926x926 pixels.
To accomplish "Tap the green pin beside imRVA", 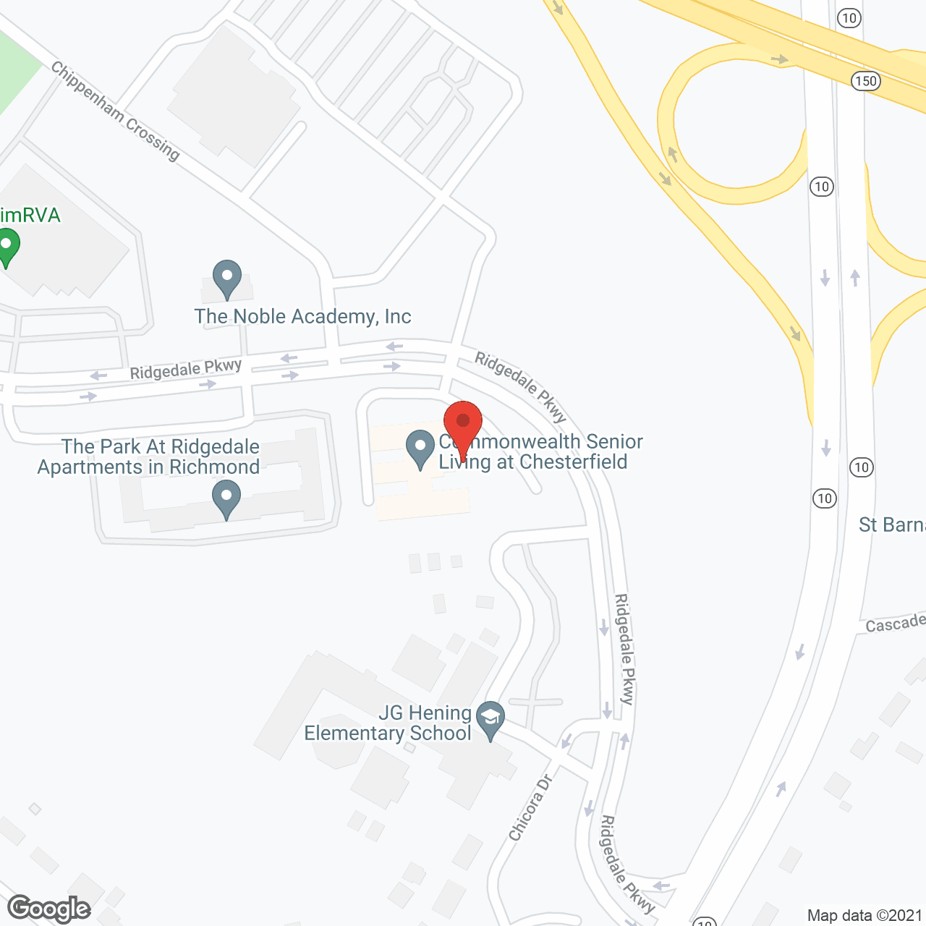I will click(7, 245).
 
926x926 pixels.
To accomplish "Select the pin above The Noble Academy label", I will click(227, 278).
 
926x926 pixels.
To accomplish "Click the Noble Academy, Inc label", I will click(302, 316).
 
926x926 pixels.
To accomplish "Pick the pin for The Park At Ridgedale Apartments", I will click(226, 499).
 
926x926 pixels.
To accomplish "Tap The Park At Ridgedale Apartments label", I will click(149, 457).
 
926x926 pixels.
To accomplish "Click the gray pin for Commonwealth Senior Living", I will click(420, 448).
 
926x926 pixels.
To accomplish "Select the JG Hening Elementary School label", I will click(388, 723).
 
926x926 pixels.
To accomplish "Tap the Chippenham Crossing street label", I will click(115, 111).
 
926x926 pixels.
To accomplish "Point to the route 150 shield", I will click(866, 81).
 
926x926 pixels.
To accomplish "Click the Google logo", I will click(49, 909).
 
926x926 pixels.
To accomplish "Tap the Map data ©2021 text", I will click(864, 916).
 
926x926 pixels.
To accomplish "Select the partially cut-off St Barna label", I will click(891, 524).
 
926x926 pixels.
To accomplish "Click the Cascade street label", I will click(895, 624).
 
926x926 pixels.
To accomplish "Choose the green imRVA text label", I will click(30, 216).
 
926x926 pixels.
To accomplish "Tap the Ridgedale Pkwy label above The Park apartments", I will click(186, 369).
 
